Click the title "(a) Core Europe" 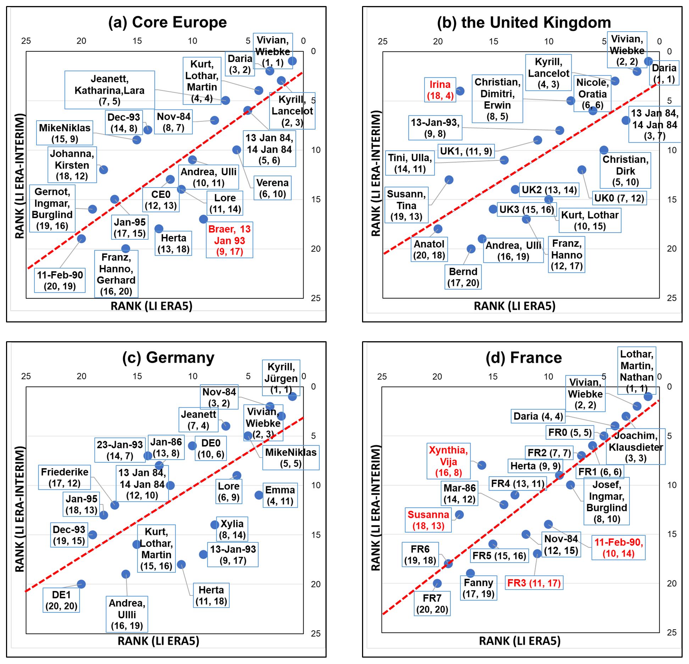coord(167,22)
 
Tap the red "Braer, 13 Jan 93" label coord(229,240)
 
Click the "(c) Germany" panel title coord(168,358)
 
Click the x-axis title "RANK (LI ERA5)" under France coord(519,641)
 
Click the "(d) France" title coord(523,358)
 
